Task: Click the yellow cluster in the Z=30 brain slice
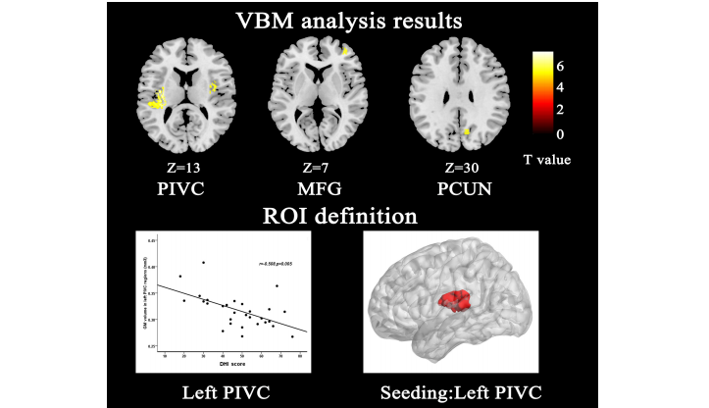(468, 130)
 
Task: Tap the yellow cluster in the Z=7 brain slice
(345, 50)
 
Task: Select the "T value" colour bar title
(546, 157)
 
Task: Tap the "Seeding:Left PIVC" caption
(452, 391)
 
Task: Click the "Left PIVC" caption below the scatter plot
(224, 391)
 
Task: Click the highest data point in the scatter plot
(203, 262)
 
